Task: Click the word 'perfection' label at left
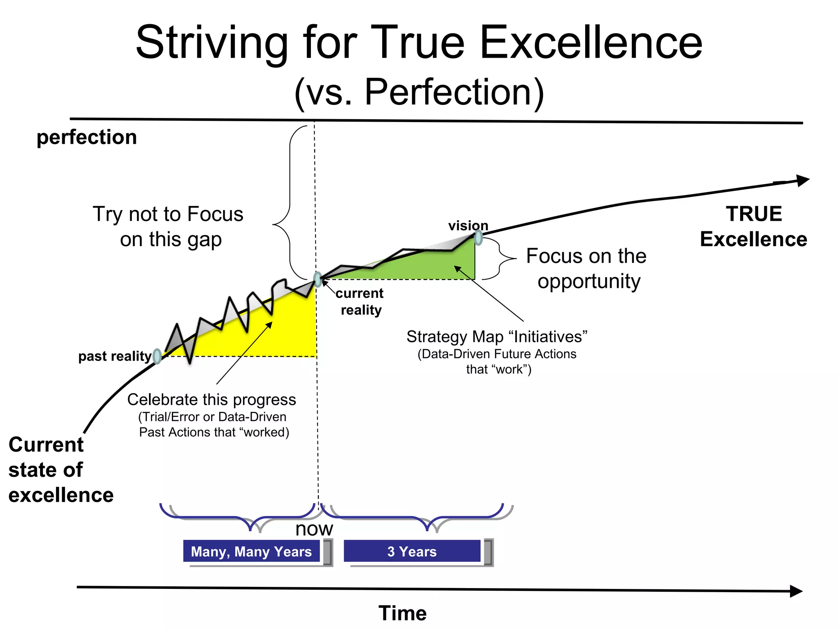86,137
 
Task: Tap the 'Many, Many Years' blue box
251,552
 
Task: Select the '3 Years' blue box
412,552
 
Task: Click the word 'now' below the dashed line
314,529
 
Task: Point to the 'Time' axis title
403,613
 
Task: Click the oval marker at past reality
157,356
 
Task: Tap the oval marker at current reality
318,279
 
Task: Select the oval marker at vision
478,238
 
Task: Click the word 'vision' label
468,226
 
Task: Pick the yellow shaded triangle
282,332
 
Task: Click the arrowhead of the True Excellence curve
803,181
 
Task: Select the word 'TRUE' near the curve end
754,214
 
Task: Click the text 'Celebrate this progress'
212,400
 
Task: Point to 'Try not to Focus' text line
168,214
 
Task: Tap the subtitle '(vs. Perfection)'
419,92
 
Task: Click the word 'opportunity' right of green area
589,282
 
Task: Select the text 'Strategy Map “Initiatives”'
497,337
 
